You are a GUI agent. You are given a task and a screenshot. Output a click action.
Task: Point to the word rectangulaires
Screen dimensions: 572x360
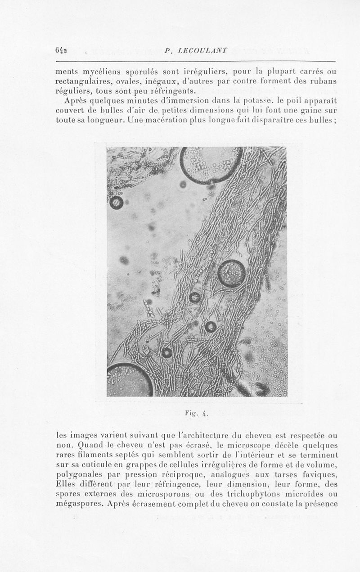click(84, 81)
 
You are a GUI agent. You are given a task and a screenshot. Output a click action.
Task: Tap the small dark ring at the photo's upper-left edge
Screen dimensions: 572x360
click(117, 203)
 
